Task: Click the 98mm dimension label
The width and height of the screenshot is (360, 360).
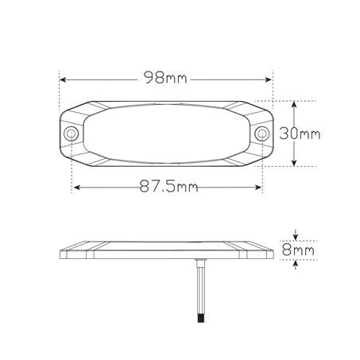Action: pos(166,78)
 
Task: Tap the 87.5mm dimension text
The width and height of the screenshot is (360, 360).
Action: pos(168,188)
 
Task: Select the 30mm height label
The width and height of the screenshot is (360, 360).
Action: pos(304,134)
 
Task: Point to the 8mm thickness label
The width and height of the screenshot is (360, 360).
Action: pos(300,250)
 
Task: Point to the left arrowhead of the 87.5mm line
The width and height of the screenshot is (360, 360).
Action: pos(76,188)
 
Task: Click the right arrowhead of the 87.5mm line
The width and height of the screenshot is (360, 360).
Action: pos(258,188)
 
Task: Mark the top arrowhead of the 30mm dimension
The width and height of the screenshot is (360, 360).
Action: pos(296,105)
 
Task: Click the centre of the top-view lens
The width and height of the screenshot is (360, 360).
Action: pos(167,134)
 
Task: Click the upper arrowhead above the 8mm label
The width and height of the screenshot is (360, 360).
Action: pos(296,237)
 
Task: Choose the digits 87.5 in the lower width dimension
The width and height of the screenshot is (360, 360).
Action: pos(157,188)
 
